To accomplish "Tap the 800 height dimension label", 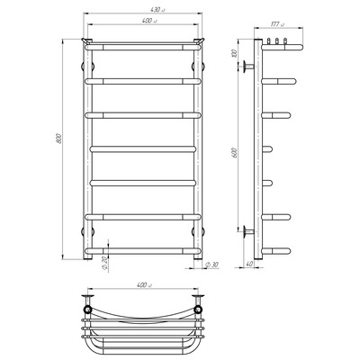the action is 59,138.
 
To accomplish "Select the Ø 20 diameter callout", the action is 104,264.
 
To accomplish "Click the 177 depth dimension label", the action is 276,24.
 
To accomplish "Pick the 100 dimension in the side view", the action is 235,53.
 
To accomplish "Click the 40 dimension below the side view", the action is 249,264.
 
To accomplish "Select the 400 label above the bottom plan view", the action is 144,285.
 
